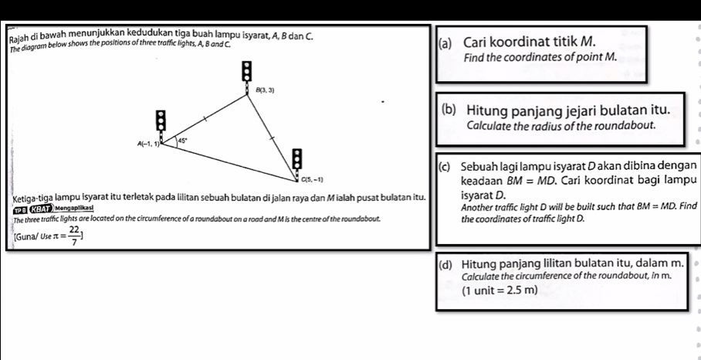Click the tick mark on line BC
(x=272, y=137)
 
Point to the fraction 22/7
(x=74, y=236)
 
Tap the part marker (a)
(x=445, y=41)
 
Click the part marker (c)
(x=445, y=166)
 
